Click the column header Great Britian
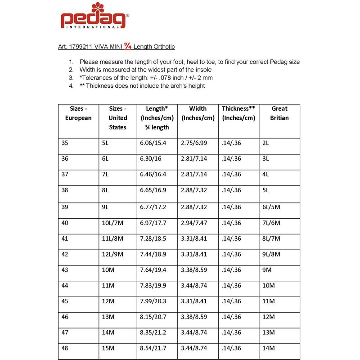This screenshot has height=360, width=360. pyautogui.click(x=279, y=113)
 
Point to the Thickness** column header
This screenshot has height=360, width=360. pyautogui.click(x=238, y=108)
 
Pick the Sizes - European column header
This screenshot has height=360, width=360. pyautogui.click(x=78, y=113)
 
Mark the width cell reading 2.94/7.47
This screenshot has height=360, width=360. pyautogui.click(x=194, y=223)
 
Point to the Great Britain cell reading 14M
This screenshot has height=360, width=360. pyautogui.click(x=268, y=348)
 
